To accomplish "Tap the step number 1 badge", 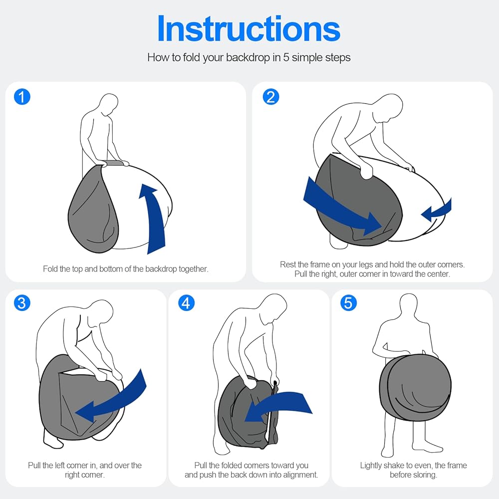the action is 22,97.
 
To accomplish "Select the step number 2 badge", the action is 271,97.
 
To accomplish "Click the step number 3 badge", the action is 22,303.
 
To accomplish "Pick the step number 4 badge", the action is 186,303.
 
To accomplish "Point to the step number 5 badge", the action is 348,303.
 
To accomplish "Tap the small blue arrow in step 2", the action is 437,210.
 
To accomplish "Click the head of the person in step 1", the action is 109,104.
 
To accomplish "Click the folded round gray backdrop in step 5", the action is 415,387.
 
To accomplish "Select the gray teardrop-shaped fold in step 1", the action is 92,210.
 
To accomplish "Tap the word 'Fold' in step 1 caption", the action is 49,269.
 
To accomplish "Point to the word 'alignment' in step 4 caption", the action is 302,475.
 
